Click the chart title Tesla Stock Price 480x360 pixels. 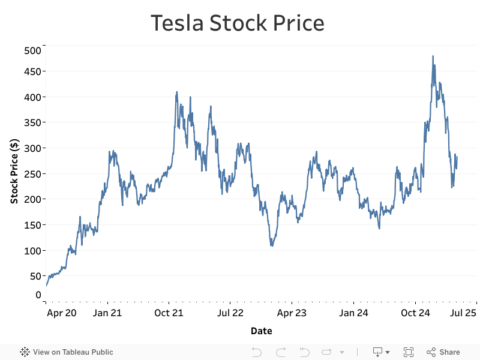point(237,23)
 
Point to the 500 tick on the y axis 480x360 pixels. point(33,50)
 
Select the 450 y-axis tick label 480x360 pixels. point(33,71)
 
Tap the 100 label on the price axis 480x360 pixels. point(33,250)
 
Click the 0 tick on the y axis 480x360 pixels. point(38,295)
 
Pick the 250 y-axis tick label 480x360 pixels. point(33,173)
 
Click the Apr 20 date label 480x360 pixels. point(62,313)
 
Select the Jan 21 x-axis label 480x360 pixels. point(108,313)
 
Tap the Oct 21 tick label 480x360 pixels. point(169,313)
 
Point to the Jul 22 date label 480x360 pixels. point(230,313)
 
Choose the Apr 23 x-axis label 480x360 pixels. point(292,313)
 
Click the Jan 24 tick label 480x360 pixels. point(353,313)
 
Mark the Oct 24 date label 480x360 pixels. point(415,313)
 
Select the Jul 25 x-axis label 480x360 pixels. point(463,313)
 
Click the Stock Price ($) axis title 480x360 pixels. point(14,171)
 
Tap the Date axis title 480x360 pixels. point(261,331)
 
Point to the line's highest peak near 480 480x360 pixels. point(433,56)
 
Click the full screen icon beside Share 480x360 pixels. point(409,352)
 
